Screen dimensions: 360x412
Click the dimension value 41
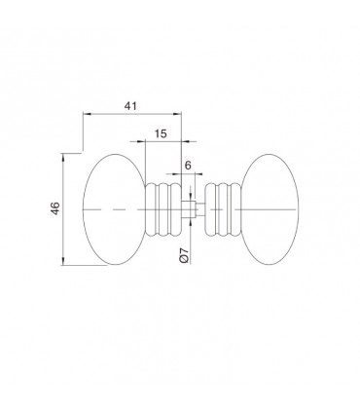(131, 105)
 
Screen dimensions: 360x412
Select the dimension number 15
(161, 133)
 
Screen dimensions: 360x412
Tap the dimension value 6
(188, 166)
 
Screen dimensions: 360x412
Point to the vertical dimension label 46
(55, 208)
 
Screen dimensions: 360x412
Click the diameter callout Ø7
(183, 254)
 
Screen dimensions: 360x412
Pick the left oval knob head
(114, 209)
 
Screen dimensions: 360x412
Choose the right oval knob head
(270, 209)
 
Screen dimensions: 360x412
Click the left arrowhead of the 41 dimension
(87, 114)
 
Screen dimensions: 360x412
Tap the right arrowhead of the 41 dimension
(177, 114)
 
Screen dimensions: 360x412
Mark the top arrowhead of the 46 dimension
(63, 158)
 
